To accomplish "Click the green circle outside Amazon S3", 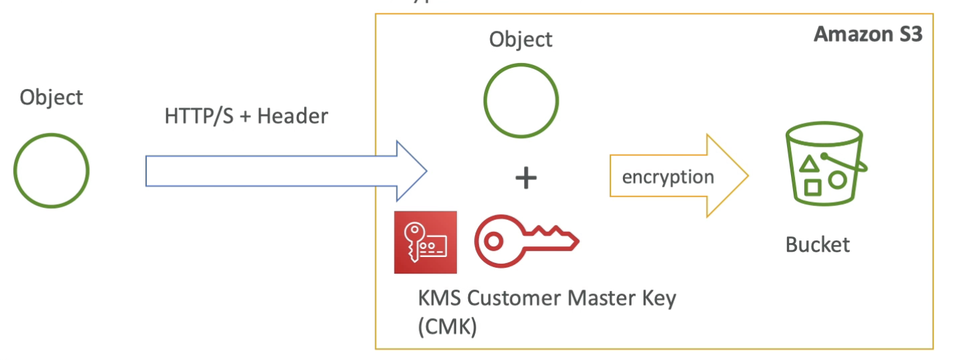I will click(x=51, y=171).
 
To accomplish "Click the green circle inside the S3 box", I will click(x=521, y=101).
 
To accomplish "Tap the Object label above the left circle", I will click(x=51, y=98).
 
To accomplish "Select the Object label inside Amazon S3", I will click(x=521, y=39).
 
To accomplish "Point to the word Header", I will click(x=292, y=117).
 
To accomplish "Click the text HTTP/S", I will click(x=197, y=117).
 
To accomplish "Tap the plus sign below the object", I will click(x=526, y=177).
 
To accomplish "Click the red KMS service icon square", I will click(x=425, y=242).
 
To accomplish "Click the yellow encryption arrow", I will click(x=677, y=177).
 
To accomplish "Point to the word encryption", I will click(x=668, y=177).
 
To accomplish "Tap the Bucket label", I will click(x=818, y=244).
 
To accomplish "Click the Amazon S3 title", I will click(x=868, y=35).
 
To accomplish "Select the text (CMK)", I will click(x=448, y=327).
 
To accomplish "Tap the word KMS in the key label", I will click(x=440, y=298).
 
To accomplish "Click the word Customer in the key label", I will click(x=515, y=298).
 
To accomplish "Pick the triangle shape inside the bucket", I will click(x=808, y=163).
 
